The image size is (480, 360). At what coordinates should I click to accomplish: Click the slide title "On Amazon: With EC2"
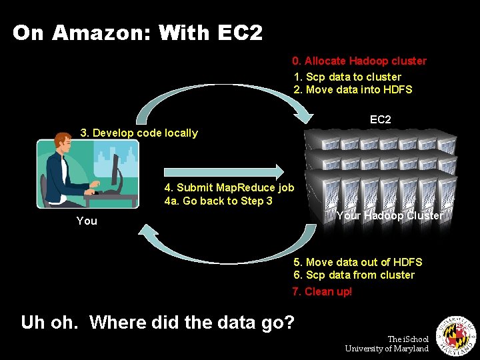[137, 33]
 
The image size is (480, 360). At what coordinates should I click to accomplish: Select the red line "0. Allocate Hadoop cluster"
[360, 61]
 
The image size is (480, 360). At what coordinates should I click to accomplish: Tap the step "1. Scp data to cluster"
[347, 77]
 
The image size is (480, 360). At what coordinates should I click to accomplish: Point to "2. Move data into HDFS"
[353, 89]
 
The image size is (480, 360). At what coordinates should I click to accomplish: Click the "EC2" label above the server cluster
[381, 119]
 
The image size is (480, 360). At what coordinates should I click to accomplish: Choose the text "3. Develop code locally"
[139, 133]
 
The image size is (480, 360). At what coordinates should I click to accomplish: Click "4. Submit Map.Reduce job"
[229, 188]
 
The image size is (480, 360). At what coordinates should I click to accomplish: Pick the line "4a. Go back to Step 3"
[218, 201]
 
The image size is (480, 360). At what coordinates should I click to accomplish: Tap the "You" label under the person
[87, 221]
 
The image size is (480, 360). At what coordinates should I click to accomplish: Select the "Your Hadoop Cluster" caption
[389, 215]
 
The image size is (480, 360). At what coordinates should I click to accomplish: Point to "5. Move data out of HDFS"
[357, 262]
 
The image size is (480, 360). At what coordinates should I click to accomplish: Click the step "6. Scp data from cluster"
[354, 275]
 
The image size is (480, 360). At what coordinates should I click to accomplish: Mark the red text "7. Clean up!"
[323, 291]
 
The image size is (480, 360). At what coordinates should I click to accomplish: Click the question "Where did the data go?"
[192, 323]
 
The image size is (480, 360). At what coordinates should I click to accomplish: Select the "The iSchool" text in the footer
[408, 339]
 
